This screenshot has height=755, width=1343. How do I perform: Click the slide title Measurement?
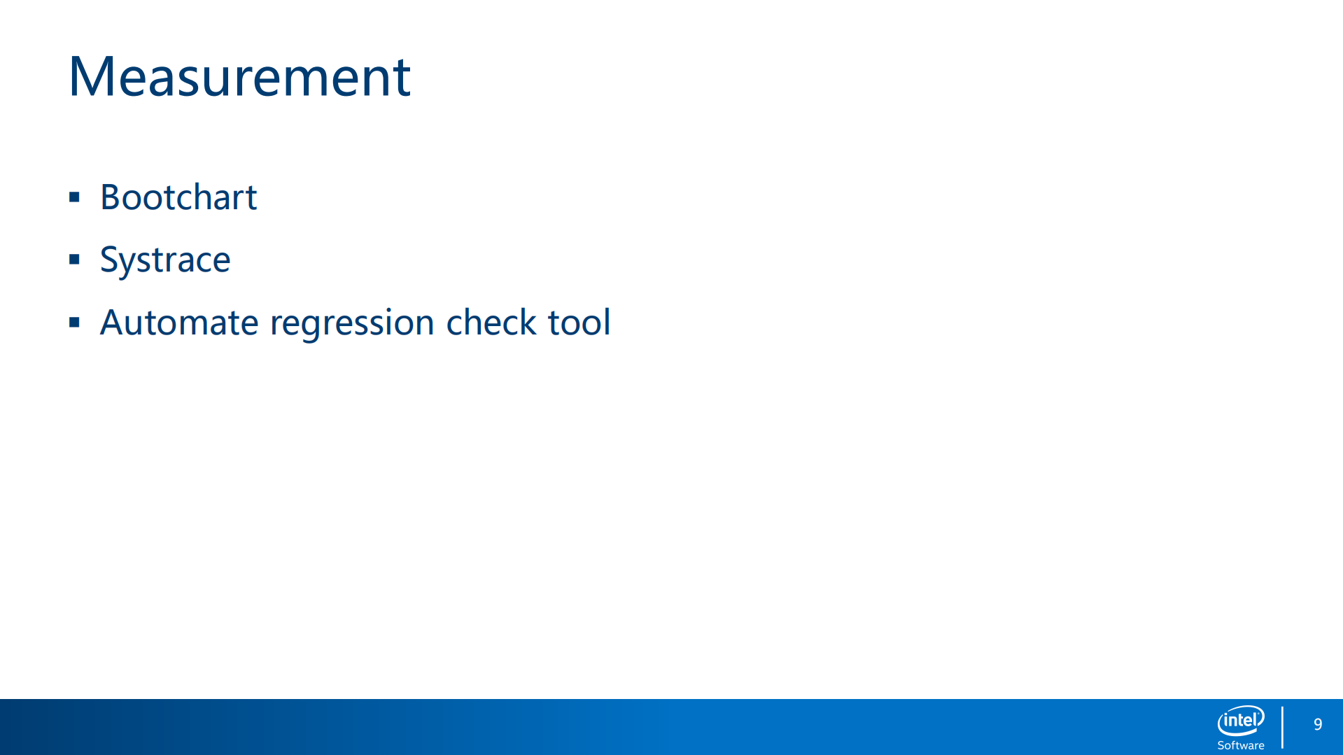tap(239, 76)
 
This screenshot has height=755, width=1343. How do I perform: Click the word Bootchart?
tap(178, 197)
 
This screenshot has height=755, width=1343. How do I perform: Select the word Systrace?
tap(165, 260)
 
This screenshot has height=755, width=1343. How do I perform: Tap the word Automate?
tap(179, 323)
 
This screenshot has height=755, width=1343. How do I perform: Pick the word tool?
tap(579, 322)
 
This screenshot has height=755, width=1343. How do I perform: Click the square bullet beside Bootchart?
tap(74, 197)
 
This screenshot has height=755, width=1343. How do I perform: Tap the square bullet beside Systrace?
tap(74, 260)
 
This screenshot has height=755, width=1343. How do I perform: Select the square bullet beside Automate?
tap(74, 323)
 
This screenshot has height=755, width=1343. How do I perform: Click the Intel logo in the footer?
tap(1241, 721)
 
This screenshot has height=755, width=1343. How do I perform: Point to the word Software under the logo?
tap(1241, 745)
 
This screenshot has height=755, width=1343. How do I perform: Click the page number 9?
tap(1318, 724)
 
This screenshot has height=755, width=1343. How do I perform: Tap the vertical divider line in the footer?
tap(1282, 727)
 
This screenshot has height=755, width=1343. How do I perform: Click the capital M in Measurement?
tap(90, 77)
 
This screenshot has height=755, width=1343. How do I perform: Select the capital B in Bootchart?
tap(112, 197)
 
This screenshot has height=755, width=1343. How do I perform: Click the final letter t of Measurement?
tap(401, 79)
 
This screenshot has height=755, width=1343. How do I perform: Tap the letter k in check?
tap(528, 322)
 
